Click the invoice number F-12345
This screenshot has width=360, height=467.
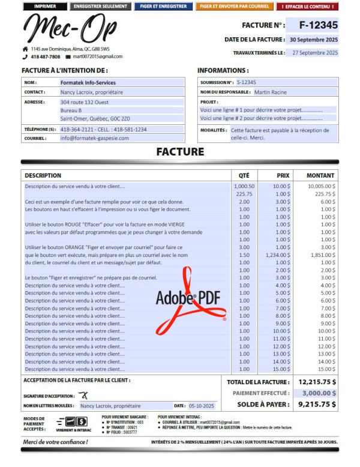coord(312,25)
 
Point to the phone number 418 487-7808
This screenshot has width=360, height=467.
coord(45,56)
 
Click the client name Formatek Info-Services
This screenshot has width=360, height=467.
coord(88,83)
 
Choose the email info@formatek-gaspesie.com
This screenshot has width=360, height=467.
coord(95,138)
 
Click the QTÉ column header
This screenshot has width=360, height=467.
coord(244,176)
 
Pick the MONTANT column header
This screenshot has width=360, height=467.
coord(320,176)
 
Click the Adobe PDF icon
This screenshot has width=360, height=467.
coord(190,300)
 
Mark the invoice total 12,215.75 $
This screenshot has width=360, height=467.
coord(317,382)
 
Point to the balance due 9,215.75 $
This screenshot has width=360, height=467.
coord(317,405)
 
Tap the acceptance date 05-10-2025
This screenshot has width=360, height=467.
coord(202,406)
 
